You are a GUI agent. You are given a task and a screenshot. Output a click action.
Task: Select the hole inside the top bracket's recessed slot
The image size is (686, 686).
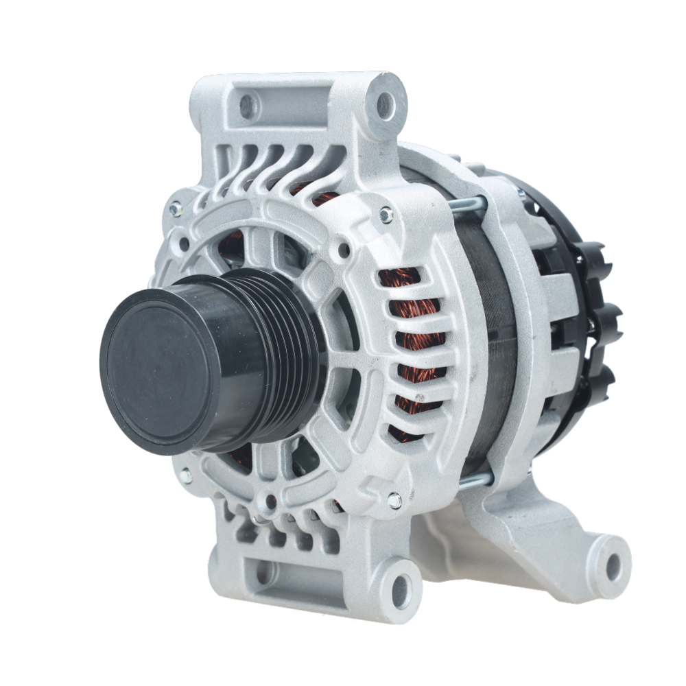pos(248,105)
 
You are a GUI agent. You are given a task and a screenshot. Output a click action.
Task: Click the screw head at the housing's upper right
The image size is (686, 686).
pos(386,215)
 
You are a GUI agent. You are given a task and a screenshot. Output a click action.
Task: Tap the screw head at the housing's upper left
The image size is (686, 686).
pos(176,205)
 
